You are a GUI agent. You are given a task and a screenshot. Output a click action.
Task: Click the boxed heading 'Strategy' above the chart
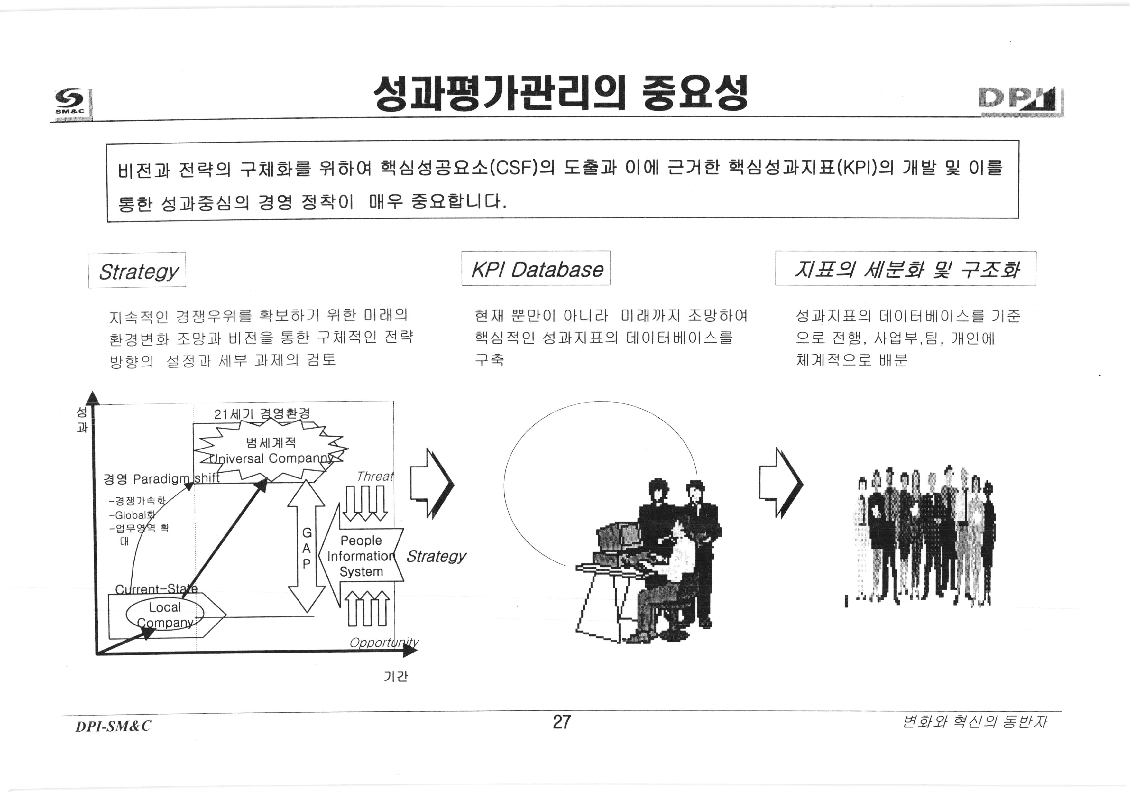pyautogui.click(x=138, y=271)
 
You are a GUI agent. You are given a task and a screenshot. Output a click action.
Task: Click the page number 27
pyautogui.click(x=562, y=721)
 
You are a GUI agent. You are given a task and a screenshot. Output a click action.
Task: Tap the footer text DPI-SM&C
pyautogui.click(x=113, y=726)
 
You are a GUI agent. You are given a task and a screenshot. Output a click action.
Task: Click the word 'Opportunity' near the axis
pyautogui.click(x=383, y=643)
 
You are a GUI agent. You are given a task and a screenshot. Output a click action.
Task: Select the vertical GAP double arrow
pyautogui.click(x=306, y=546)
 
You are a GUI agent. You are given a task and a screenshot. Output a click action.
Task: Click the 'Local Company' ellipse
pyautogui.click(x=165, y=615)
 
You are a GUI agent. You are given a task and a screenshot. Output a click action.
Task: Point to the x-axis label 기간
pyautogui.click(x=396, y=676)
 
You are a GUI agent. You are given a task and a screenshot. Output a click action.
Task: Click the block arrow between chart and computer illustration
pyautogui.click(x=431, y=483)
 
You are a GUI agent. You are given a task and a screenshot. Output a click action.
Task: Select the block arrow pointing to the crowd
pyautogui.click(x=780, y=483)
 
